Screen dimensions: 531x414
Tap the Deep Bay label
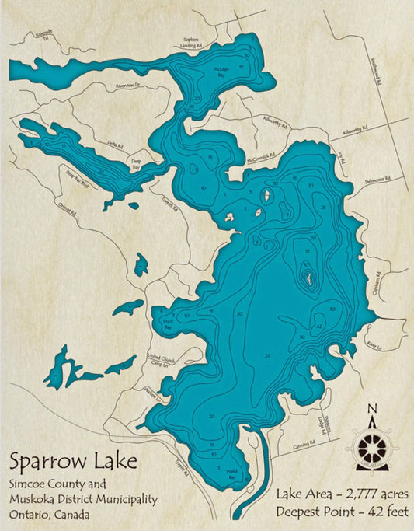coord(135,156)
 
